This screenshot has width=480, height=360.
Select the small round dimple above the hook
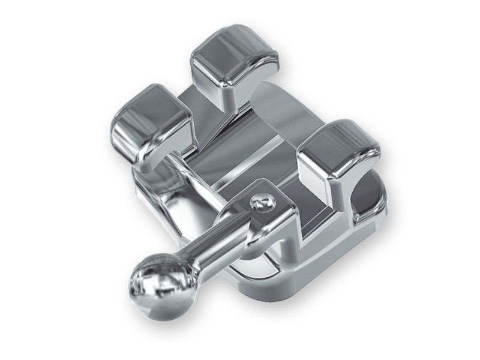(x=260, y=203)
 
